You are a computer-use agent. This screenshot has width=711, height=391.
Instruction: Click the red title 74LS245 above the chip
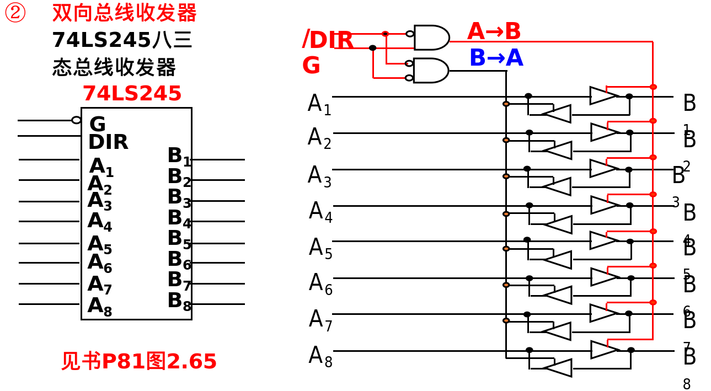tap(132, 94)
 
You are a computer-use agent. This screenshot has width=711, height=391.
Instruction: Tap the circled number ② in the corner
tap(15, 13)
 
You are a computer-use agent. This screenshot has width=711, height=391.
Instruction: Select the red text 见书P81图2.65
tap(139, 362)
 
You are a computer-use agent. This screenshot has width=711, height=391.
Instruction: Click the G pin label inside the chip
tap(97, 124)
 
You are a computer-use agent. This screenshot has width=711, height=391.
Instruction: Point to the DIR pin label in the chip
tap(108, 142)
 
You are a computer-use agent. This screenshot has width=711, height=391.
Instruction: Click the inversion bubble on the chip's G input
tap(76, 120)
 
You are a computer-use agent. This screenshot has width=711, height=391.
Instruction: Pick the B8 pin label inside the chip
tap(179, 302)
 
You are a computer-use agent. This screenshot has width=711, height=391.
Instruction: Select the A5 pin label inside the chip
tap(100, 244)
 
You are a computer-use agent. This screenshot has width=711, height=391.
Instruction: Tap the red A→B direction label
tap(494, 32)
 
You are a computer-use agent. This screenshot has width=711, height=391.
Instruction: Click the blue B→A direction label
tap(496, 58)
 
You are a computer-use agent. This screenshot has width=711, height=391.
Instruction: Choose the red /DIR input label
tap(328, 40)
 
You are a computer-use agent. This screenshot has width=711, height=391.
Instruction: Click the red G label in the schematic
tap(311, 66)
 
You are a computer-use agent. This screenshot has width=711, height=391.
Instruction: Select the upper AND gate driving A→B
tap(431, 38)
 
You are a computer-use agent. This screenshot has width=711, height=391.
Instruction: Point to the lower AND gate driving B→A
tap(430, 71)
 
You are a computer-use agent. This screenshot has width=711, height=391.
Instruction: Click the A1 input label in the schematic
tap(319, 104)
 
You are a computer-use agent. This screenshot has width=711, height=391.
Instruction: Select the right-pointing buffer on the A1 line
tap(603, 95)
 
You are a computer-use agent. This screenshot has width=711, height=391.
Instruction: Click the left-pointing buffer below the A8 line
tap(558, 368)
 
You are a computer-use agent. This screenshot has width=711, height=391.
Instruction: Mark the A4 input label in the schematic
tap(320, 212)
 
